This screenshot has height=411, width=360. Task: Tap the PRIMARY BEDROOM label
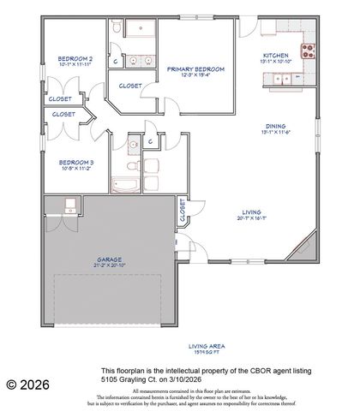pyautogui.click(x=195, y=68)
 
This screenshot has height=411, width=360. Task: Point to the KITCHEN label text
pyautogui.click(x=275, y=57)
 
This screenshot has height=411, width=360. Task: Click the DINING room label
pyautogui.click(x=274, y=127)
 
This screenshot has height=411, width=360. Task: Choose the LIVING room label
pyautogui.click(x=251, y=213)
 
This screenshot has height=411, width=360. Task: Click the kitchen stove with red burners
pyautogui.click(x=308, y=49)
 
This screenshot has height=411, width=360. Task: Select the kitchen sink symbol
pyautogui.click(x=281, y=80)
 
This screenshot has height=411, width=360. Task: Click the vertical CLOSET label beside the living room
pyautogui.click(x=182, y=210)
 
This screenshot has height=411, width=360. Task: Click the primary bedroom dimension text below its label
pyautogui.click(x=195, y=75)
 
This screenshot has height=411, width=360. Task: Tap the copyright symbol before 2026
pyautogui.click(x=11, y=385)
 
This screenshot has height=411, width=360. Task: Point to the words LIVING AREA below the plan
pyautogui.click(x=205, y=346)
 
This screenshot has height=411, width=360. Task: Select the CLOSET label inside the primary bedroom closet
pyautogui.click(x=130, y=86)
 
